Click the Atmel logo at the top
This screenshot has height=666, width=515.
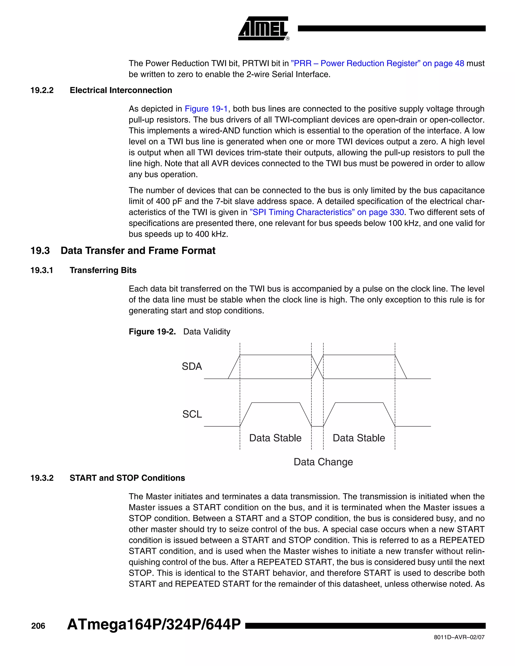(x=263, y=28)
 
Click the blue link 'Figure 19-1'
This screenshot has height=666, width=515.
(x=206, y=109)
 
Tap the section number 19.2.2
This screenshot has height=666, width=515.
(x=42, y=90)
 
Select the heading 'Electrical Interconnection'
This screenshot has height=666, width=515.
(x=121, y=90)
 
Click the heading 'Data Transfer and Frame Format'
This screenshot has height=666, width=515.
(x=138, y=250)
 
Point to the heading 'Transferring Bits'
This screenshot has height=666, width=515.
(x=103, y=270)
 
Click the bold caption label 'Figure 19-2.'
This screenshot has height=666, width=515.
(x=152, y=331)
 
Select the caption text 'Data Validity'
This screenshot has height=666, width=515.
(x=206, y=331)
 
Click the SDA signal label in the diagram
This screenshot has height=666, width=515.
(x=192, y=366)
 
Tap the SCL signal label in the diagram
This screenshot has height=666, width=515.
(x=192, y=414)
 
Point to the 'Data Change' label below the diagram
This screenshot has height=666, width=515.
(x=323, y=462)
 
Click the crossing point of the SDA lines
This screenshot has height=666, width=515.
(x=317, y=367)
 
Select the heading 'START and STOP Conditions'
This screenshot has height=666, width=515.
(x=127, y=478)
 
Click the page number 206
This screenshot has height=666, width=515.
(x=38, y=626)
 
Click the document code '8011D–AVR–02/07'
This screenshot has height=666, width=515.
(x=459, y=637)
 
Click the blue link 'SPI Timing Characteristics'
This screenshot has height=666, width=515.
(x=302, y=212)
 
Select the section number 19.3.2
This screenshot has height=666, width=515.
(x=42, y=478)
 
